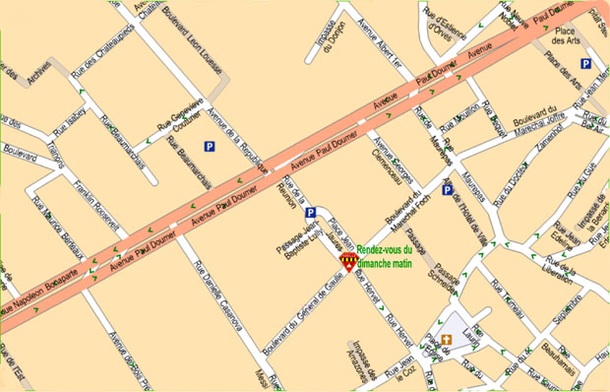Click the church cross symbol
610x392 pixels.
pyautogui.click(x=446, y=340)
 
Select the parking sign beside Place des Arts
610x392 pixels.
pyautogui.click(x=585, y=64)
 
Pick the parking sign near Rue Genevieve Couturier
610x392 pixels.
pyautogui.click(x=209, y=147)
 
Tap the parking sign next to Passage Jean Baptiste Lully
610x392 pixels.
pyautogui.click(x=311, y=213)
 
